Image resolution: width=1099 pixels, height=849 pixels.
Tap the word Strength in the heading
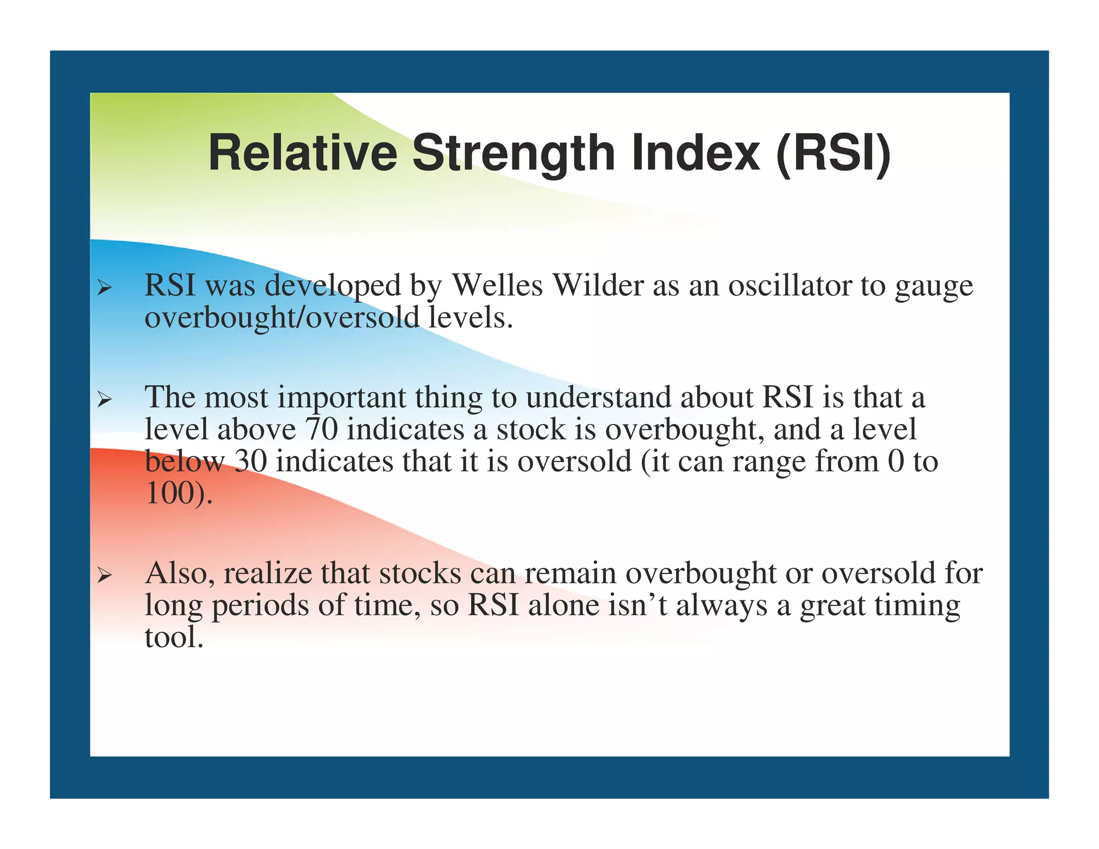pos(514,155)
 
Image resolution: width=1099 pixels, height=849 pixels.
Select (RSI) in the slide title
pos(833,154)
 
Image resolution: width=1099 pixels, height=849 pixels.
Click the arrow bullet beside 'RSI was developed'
pos(104,289)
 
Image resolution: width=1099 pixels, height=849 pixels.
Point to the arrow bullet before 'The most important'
pos(104,400)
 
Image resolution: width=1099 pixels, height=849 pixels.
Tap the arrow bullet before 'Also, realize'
pos(104,576)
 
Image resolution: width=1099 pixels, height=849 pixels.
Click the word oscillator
pos(789,285)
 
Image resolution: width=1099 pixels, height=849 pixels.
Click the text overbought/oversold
pos(282,318)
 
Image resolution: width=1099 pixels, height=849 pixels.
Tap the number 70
pos(321,429)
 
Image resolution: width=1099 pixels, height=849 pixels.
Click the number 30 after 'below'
pos(251,461)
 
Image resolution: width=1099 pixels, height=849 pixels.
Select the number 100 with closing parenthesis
pos(178,493)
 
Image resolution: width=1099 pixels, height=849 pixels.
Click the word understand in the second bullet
pos(598,398)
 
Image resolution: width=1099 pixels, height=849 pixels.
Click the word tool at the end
pos(174,637)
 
